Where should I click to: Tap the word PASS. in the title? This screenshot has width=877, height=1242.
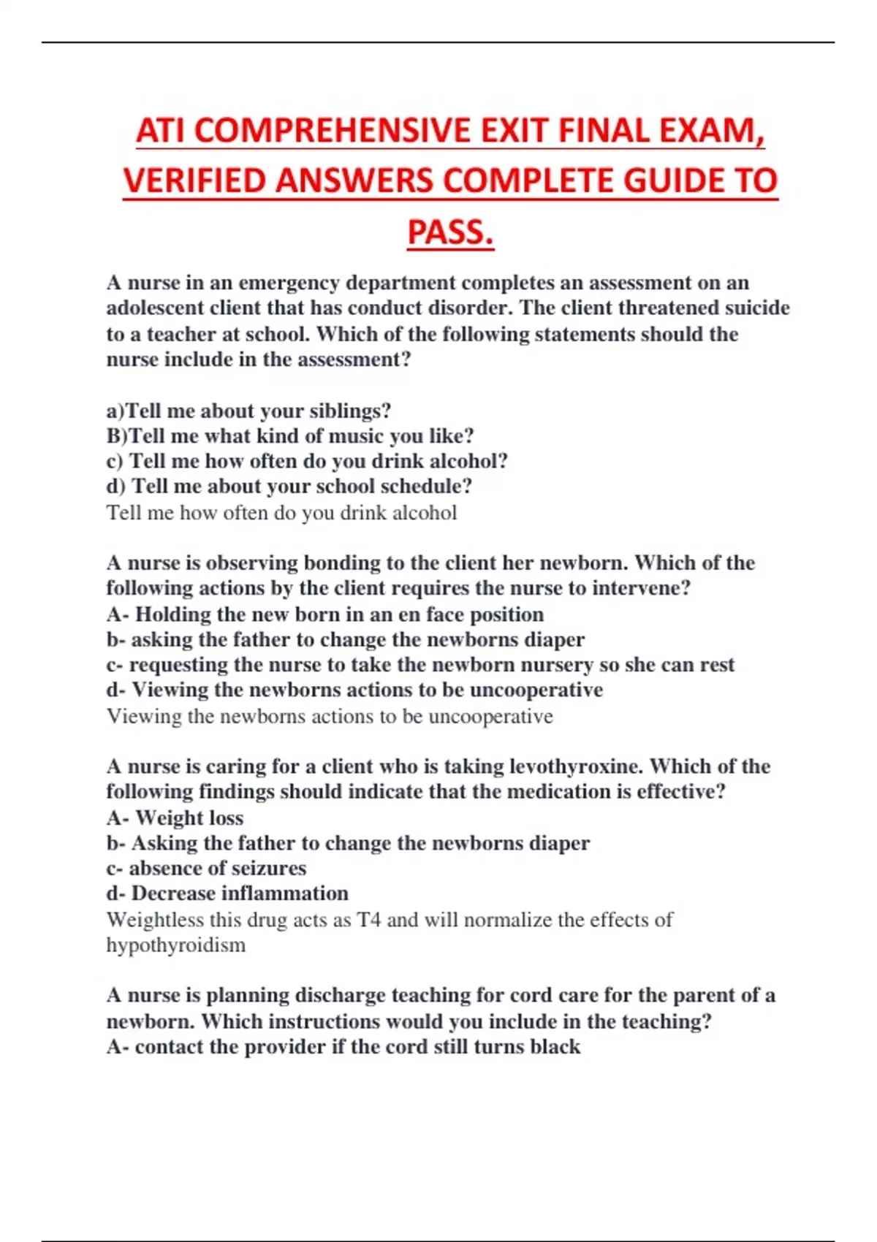(x=450, y=232)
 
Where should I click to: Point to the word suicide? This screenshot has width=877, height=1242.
(x=757, y=308)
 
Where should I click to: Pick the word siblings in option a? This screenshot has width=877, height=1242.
(x=350, y=411)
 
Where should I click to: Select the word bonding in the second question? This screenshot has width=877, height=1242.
(x=348, y=563)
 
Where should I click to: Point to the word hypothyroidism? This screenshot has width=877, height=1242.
(x=175, y=945)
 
